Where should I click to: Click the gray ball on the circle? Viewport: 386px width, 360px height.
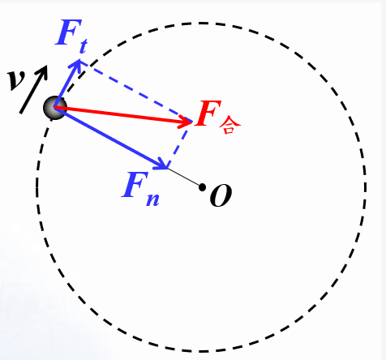coord(55,108)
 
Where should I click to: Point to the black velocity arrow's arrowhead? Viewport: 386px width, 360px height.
coord(43,71)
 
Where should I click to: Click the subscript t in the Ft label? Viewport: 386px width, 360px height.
coord(83,46)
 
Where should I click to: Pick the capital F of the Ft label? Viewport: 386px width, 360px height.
coord(68,32)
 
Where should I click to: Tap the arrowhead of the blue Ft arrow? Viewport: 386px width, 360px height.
coord(78,66)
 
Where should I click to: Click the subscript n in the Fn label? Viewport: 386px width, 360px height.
coord(152,199)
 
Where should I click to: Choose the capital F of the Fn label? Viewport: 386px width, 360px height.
coord(135,185)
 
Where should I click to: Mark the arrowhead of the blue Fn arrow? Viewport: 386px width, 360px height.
coord(161,165)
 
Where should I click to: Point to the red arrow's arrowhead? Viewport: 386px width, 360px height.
coord(187,122)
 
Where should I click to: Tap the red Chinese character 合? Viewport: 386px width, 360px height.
coord(229,126)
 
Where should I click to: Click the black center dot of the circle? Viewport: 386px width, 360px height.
coord(202,187)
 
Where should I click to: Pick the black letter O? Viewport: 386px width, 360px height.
coord(221,195)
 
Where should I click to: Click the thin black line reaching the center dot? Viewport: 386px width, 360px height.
coord(184,177)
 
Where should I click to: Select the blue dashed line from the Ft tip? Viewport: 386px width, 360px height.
coord(136,92)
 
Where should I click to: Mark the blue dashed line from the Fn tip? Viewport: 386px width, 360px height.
coord(180,145)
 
